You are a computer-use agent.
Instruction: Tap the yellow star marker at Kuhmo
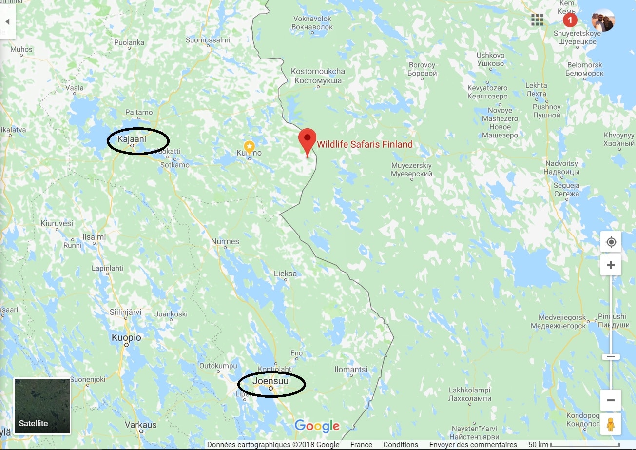point(249,146)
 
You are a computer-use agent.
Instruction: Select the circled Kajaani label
point(132,139)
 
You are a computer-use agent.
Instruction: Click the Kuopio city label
point(126,337)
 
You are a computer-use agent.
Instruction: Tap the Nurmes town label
point(225,241)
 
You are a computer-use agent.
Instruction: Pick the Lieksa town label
point(285,274)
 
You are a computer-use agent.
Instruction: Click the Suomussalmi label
point(208,40)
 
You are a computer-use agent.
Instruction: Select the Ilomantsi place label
point(351,370)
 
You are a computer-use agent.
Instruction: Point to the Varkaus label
point(140,425)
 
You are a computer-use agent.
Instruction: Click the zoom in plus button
point(611,265)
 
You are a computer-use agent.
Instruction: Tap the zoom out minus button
point(611,400)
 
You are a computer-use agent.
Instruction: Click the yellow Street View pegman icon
point(611,424)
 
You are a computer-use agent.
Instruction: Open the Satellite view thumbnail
point(42,406)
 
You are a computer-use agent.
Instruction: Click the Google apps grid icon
point(537,20)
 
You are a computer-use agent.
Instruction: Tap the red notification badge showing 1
point(570,20)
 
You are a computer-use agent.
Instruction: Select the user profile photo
point(603,20)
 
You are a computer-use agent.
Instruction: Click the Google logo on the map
point(317,426)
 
